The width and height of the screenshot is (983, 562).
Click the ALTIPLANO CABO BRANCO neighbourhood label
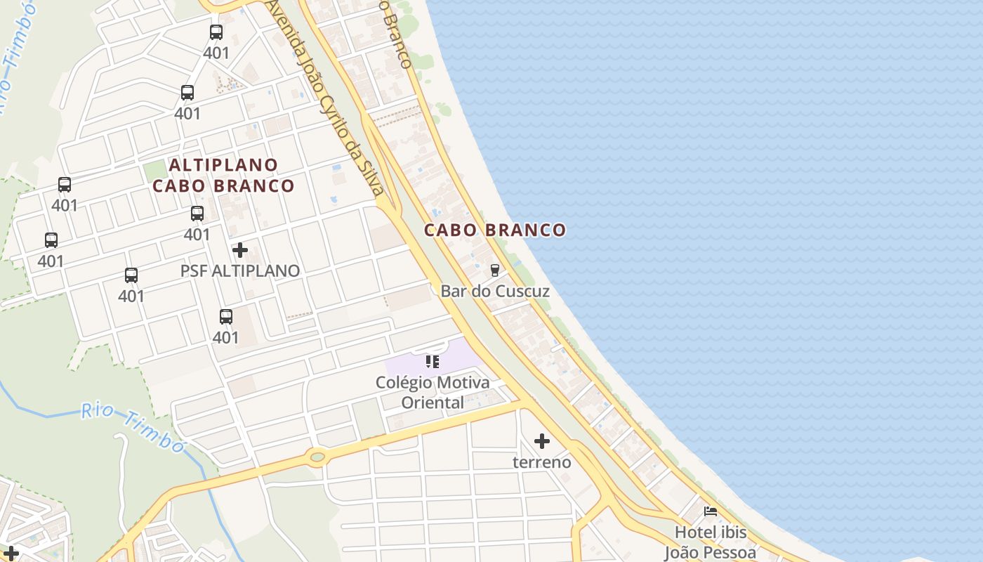[223, 175]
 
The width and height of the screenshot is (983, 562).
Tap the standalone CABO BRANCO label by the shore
[495, 230]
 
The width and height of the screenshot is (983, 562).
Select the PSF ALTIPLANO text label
[240, 270]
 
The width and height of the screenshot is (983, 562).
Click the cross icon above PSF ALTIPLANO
[240, 250]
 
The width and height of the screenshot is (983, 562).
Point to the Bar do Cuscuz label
[495, 290]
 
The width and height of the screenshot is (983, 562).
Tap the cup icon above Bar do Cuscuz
[495, 270]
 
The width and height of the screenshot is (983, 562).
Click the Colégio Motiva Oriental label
[433, 392]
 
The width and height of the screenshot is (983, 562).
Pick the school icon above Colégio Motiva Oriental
[433, 362]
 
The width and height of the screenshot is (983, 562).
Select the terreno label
[542, 462]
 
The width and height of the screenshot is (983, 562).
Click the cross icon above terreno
[542, 441]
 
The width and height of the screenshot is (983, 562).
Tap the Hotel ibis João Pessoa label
[711, 542]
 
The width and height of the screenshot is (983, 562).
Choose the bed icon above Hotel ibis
[711, 511]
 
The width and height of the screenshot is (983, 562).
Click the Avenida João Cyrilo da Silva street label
[324, 98]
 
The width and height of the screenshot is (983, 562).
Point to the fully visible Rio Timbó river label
[133, 426]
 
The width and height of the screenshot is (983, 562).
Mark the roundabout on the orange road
[317, 457]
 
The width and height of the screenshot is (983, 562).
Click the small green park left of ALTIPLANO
[155, 170]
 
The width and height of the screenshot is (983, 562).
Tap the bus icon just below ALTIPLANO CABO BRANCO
[197, 214]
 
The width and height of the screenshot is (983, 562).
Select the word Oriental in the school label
[433, 403]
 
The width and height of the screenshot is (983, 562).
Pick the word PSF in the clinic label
[194, 270]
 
